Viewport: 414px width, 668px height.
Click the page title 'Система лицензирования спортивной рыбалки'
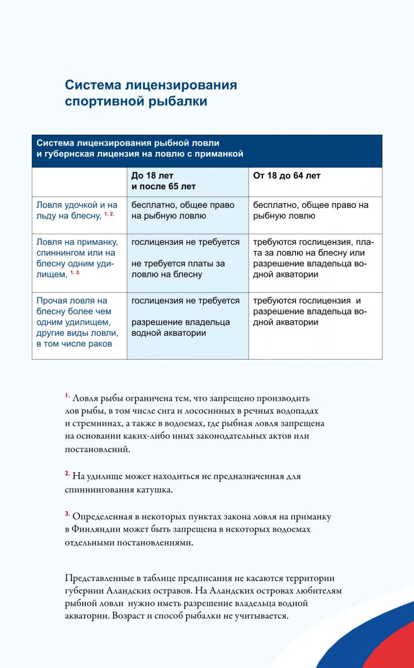(x=150, y=93)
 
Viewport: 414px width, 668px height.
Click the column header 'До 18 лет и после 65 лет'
(x=164, y=181)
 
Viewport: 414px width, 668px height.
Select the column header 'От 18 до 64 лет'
(x=287, y=176)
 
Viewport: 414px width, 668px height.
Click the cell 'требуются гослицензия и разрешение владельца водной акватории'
(x=310, y=312)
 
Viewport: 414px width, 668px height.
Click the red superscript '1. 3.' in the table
(x=75, y=273)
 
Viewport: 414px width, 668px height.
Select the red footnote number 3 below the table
(x=67, y=513)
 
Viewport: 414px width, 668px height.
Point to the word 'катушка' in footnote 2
(x=158, y=490)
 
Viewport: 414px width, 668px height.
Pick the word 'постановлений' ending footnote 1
(x=98, y=449)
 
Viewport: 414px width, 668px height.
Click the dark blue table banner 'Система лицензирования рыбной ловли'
(x=207, y=150)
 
